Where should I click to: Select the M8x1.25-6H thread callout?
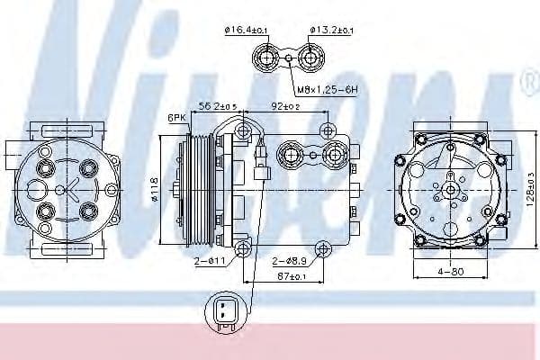(328, 89)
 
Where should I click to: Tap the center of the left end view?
(65, 190)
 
